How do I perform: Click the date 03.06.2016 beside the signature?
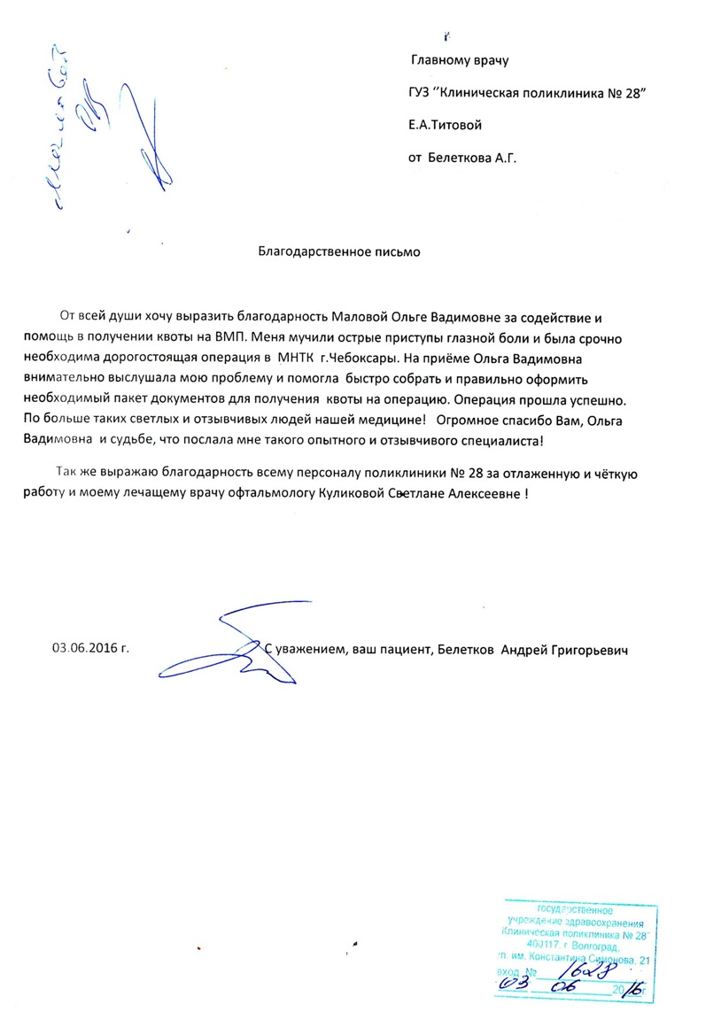90,648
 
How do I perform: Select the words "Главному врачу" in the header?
461,61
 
